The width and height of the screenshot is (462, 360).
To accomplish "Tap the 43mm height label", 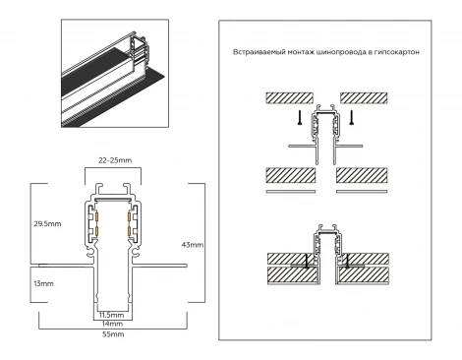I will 194,243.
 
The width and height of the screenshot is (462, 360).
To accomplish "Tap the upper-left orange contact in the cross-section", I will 96,214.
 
